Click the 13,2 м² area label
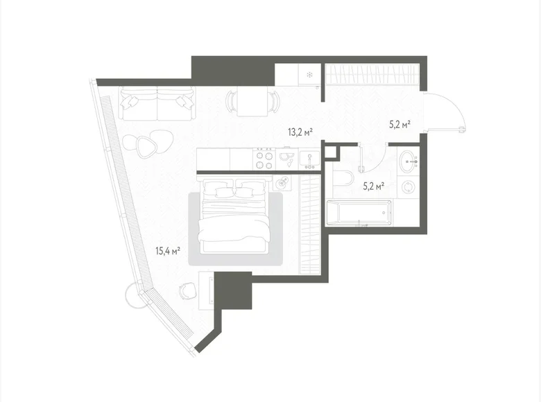(300, 131)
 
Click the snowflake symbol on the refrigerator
(309, 73)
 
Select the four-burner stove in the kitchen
(264, 160)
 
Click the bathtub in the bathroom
(359, 212)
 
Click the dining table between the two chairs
(250, 104)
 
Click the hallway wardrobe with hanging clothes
(372, 73)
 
